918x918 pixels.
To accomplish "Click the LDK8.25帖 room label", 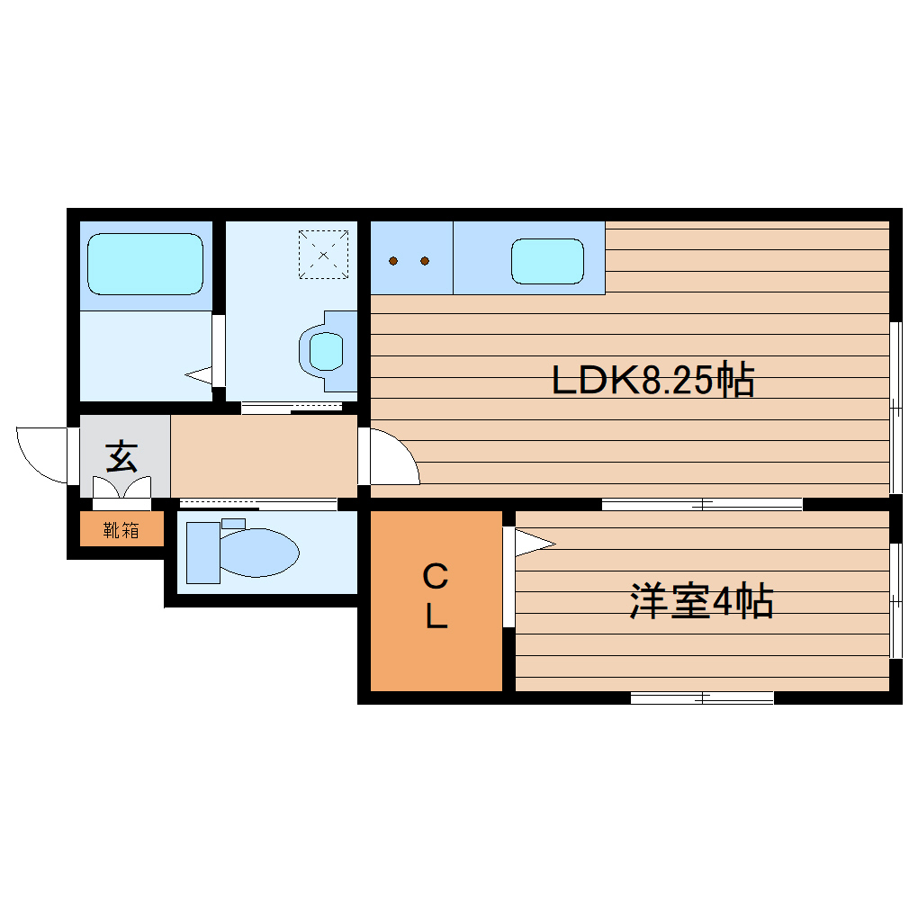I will click(x=652, y=382).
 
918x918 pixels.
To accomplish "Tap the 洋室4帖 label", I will click(x=701, y=601).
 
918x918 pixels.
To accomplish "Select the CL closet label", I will click(x=436, y=597).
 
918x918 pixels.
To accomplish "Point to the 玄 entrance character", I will click(x=122, y=457).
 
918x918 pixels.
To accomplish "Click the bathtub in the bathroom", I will click(x=145, y=263).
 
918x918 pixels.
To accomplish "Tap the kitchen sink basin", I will click(x=547, y=261).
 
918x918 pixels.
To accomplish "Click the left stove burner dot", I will click(x=394, y=262).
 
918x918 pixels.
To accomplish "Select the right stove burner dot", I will click(x=425, y=262).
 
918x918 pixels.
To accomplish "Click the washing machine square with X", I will click(x=324, y=254).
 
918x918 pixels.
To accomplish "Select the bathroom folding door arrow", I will click(x=200, y=373).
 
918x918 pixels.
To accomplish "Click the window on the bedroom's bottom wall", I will click(x=702, y=697).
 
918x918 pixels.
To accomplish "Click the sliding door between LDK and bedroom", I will click(x=702, y=504).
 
